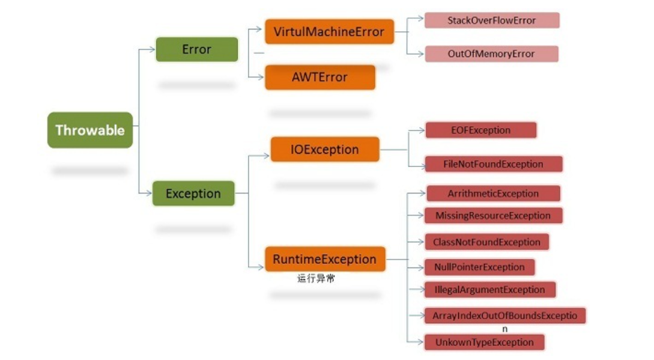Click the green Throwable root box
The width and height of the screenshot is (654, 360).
tap(90, 130)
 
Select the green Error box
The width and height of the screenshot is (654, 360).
tap(196, 49)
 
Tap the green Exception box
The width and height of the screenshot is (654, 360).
tap(193, 194)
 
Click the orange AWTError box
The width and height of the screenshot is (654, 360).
tap(319, 77)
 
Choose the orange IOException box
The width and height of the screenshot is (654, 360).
tap(324, 149)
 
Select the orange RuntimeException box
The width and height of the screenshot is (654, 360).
tap(324, 259)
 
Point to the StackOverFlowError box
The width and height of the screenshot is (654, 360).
tap(491, 20)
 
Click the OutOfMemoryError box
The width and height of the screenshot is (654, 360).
tap(491, 53)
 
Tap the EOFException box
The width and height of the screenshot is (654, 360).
tap(480, 130)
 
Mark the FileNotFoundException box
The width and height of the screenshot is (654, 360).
tap(493, 164)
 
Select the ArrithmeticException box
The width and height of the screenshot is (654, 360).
tap(493, 194)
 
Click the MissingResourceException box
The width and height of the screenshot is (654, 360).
tap(493, 215)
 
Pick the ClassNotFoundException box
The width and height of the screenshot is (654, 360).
tap(486, 242)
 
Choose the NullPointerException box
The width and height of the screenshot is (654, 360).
tap(479, 267)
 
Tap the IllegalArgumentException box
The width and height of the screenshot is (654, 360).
tap(489, 290)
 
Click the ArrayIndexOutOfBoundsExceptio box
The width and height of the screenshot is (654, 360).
tap(504, 316)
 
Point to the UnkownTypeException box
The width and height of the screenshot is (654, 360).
tap(484, 342)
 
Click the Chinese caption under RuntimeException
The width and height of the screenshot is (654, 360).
tap(315, 279)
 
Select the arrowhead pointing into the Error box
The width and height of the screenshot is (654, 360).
tap(152, 49)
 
